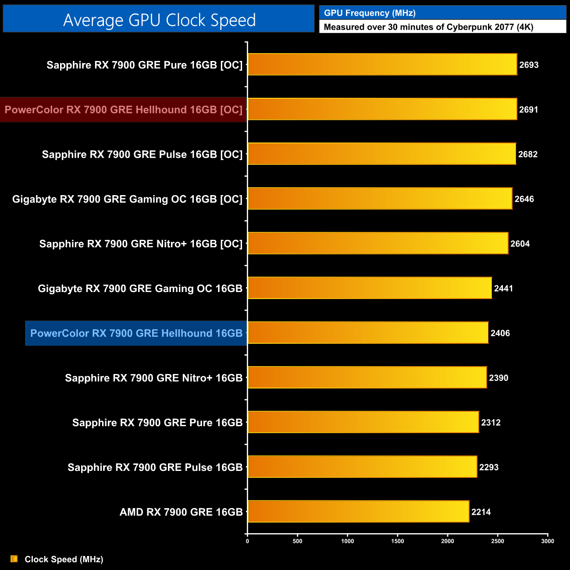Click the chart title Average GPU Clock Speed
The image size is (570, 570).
click(x=159, y=20)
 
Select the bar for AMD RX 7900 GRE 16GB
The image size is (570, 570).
click(x=358, y=511)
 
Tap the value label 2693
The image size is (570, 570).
click(x=529, y=65)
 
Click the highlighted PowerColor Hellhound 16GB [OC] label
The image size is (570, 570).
click(x=123, y=110)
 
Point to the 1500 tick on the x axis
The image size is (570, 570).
click(x=397, y=541)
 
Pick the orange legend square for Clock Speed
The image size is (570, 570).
click(x=14, y=559)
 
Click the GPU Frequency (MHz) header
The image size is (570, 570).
click(x=370, y=13)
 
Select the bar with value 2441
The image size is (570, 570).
click(x=370, y=288)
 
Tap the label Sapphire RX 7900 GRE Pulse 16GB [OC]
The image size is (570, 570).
click(x=142, y=154)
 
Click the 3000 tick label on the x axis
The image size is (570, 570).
click(x=547, y=541)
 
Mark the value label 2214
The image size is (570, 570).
click(x=481, y=512)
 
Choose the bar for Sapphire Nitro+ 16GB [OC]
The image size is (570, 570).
click(x=378, y=243)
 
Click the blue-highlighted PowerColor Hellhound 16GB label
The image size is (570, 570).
click(x=136, y=333)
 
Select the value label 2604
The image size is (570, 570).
click(x=520, y=244)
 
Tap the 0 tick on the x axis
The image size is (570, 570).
click(x=247, y=541)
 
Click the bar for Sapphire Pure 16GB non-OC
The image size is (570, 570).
click(x=363, y=422)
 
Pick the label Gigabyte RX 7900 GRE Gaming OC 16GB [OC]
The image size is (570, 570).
click(x=127, y=199)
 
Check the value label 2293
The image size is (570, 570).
click(x=489, y=467)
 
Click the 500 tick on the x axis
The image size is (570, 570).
click(x=297, y=541)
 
